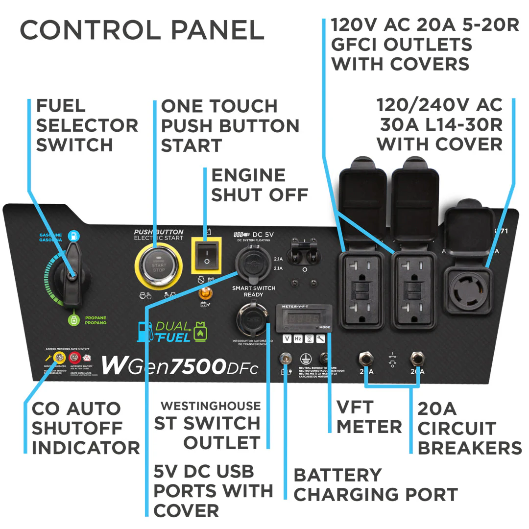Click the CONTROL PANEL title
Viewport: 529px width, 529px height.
[142, 30]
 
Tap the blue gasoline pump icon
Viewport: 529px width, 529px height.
[73, 237]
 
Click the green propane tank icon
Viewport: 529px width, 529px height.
[73, 321]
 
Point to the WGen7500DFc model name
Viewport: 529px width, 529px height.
[179, 366]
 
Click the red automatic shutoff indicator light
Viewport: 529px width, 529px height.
[75, 357]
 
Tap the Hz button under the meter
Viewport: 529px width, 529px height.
[298, 339]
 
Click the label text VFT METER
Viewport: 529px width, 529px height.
[369, 416]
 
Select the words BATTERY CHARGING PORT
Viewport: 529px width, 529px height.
[376, 485]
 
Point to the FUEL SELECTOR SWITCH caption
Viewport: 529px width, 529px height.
[87, 125]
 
